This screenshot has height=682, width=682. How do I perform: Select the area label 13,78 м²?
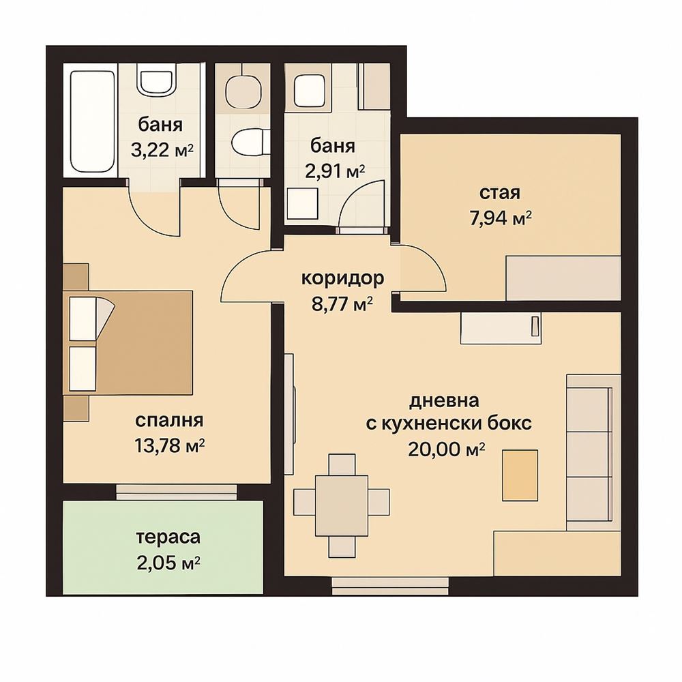coord(170,446)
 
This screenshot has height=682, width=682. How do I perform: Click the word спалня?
coord(169,421)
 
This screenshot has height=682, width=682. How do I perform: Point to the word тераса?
coord(168,537)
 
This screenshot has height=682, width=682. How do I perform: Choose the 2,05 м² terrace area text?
coord(168,563)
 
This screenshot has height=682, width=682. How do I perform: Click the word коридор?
coord(343,278)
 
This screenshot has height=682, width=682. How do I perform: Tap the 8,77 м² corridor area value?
coord(343,303)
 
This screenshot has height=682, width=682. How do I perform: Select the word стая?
coord(500,192)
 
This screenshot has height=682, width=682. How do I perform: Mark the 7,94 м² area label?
coord(501,218)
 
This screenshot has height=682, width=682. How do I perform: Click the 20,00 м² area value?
coord(447,449)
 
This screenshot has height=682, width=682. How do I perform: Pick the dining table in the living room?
coord(342,506)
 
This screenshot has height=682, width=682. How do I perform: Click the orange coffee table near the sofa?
coord(520,476)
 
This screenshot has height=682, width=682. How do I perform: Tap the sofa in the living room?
coord(593,452)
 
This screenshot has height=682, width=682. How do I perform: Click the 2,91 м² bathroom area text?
coord(334,171)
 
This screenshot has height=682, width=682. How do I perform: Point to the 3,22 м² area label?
coord(162,150)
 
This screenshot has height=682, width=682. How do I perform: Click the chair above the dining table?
coord(342,464)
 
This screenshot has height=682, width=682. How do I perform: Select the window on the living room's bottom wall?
coord(391,586)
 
